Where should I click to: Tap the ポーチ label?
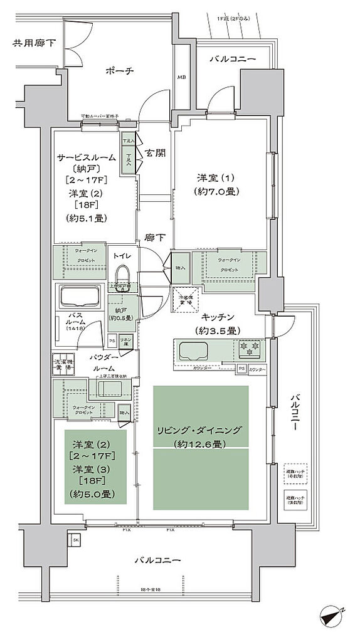[119, 71]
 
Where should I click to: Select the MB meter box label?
[181, 78]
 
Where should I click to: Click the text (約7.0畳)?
[213, 191]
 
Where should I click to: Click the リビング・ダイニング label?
[199, 431]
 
